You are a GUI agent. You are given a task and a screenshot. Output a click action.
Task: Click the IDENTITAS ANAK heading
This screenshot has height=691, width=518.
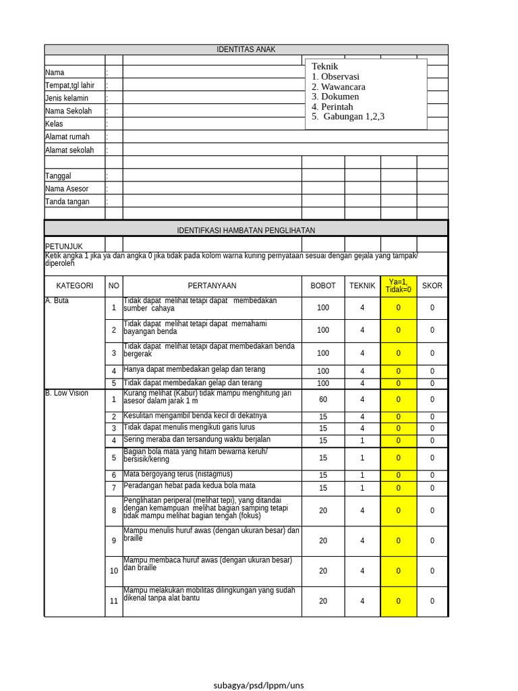point(246,49)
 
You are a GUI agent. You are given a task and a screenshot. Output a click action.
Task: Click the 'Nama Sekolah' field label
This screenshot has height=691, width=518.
point(68,111)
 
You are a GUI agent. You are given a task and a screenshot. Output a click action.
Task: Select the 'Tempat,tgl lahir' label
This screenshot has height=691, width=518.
point(70,86)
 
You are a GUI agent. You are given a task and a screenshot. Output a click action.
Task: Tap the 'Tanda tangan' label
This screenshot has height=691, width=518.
point(67,202)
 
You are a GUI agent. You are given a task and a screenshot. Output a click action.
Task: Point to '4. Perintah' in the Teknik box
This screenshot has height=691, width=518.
point(333,107)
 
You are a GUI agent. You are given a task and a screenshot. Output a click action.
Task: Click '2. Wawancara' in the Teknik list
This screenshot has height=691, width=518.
point(339,87)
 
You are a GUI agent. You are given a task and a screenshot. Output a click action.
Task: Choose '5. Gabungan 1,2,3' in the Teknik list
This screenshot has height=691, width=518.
point(348,117)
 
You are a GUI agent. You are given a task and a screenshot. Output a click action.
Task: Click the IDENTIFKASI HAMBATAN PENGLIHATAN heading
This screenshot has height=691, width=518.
point(246,230)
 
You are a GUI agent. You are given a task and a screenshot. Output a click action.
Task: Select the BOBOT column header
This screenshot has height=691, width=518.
point(322,285)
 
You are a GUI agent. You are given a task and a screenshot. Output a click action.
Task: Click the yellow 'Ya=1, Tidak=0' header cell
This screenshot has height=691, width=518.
point(398,285)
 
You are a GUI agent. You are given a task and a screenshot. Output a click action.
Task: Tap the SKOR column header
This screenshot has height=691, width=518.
point(432,285)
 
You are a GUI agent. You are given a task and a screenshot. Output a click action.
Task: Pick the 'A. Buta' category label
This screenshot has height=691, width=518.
point(57,301)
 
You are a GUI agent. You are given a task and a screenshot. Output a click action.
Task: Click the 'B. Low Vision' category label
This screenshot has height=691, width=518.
point(66,393)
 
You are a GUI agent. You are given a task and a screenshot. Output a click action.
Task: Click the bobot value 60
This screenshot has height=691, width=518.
point(322,399)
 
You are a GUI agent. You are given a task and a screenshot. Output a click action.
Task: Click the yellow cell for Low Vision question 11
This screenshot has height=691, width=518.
point(398,601)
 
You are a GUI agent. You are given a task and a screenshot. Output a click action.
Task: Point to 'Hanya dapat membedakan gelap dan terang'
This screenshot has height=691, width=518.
point(194,370)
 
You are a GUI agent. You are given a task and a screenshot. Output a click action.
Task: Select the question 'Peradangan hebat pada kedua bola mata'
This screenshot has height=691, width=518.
point(189,486)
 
